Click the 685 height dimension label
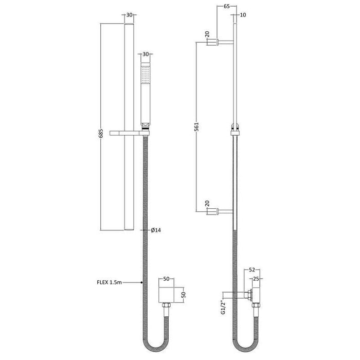tap(101, 133)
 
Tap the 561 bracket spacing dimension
tap(196, 127)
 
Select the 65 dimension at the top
tap(227, 6)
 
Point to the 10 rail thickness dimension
tap(243, 15)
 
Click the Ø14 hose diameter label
tap(156, 230)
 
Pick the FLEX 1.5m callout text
tap(109, 282)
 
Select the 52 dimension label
tap(252, 270)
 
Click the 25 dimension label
tap(256, 279)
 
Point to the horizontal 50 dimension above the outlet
tap(166, 279)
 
